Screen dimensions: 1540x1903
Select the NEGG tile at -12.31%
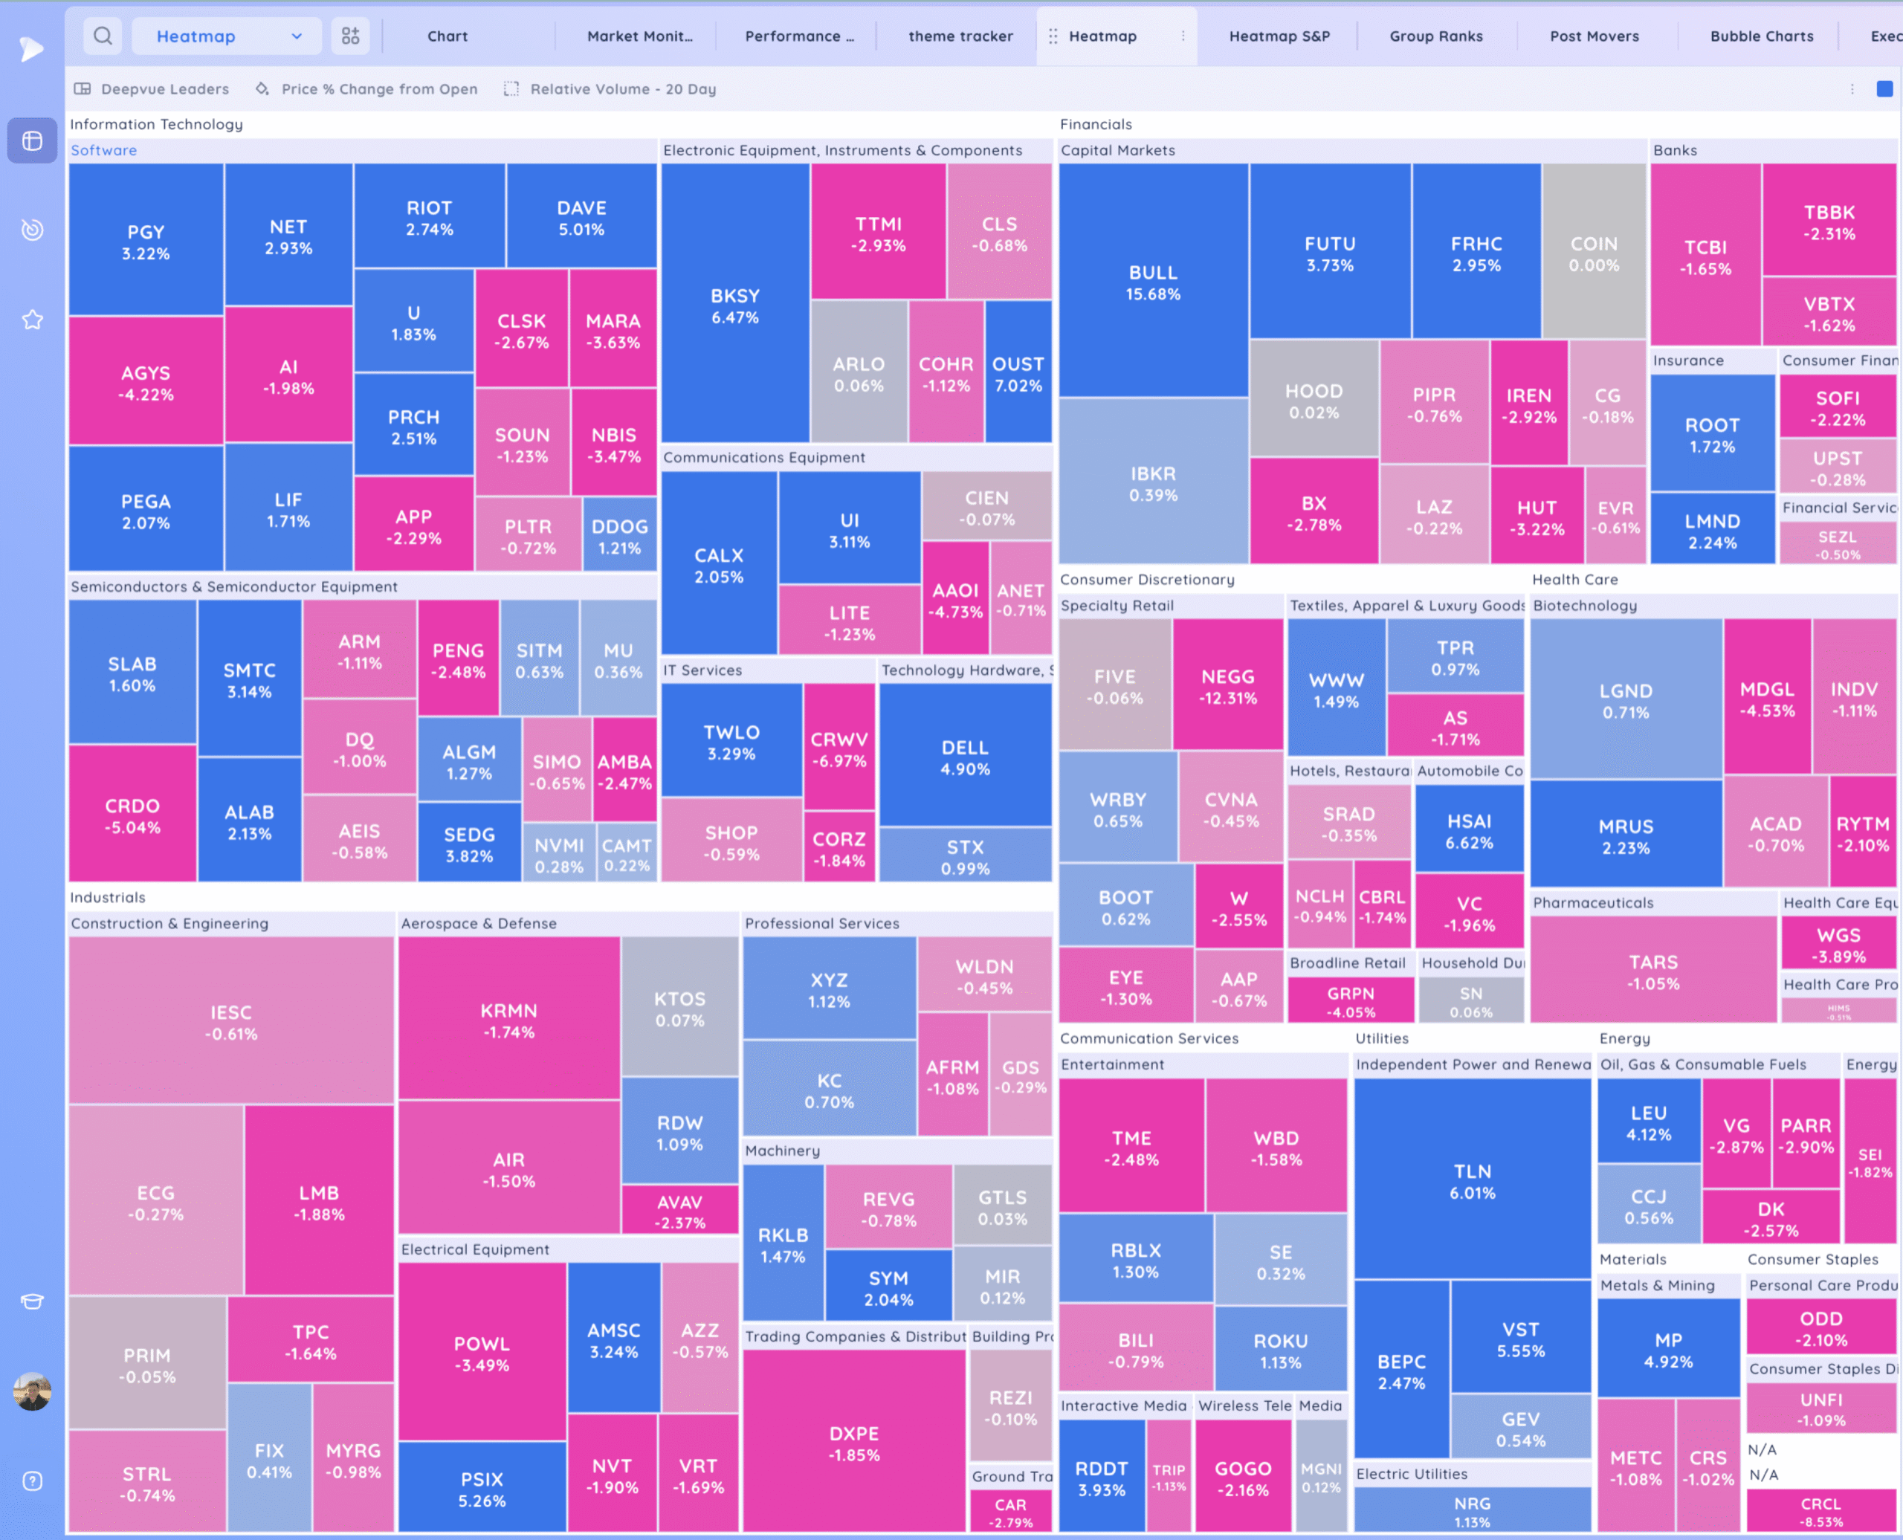click(x=1227, y=686)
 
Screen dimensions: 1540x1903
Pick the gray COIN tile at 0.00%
click(x=1593, y=253)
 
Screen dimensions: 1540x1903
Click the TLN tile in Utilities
click(x=1472, y=1181)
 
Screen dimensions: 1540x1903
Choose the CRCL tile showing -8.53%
click(x=1820, y=1511)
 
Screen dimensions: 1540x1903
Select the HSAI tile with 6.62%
click(x=1468, y=830)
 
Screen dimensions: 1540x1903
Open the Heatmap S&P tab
click(x=1279, y=36)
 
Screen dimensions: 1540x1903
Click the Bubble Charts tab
click(x=1761, y=36)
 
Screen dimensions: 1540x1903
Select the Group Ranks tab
click(x=1435, y=36)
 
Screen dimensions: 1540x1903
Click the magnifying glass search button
click(x=103, y=36)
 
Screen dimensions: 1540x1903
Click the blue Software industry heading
click(x=104, y=151)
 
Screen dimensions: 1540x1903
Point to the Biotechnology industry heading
click(x=1585, y=606)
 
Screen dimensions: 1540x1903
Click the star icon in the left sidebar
click(x=33, y=320)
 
